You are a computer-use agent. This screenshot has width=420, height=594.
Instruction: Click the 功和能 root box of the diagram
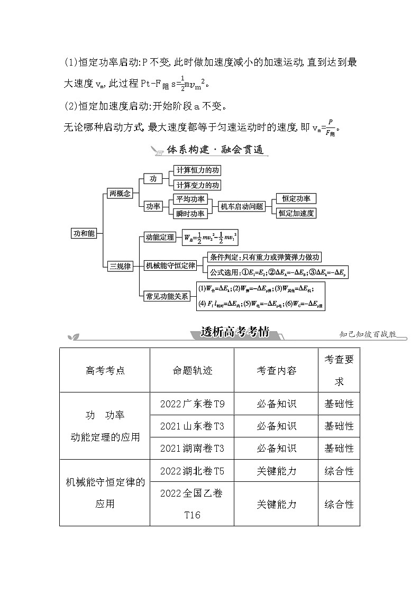click(x=85, y=233)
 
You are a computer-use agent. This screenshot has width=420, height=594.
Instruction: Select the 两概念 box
click(x=120, y=194)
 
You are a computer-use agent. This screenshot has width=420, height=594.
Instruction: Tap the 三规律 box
click(x=120, y=266)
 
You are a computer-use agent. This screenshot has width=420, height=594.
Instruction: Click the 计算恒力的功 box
click(x=198, y=170)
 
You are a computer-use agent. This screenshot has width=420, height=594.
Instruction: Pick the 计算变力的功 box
click(x=198, y=185)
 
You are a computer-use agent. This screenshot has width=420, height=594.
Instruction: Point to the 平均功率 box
click(x=190, y=199)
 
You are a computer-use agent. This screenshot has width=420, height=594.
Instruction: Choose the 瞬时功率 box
click(x=190, y=214)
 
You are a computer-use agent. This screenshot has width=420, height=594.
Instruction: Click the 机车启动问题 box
click(x=242, y=207)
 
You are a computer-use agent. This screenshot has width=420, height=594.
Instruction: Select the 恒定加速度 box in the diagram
click(x=296, y=214)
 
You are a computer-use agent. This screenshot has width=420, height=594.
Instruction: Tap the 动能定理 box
click(x=160, y=237)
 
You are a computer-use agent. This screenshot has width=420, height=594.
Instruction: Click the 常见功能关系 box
click(x=167, y=296)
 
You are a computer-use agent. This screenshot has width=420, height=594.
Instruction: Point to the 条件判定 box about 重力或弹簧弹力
click(x=264, y=258)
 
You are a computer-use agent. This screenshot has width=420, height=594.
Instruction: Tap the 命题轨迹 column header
click(x=192, y=370)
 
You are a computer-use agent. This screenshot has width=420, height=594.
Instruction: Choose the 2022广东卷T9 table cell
click(x=192, y=404)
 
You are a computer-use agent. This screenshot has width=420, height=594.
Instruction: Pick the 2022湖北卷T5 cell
click(x=192, y=471)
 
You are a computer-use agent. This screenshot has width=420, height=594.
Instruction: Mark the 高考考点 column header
click(x=105, y=370)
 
